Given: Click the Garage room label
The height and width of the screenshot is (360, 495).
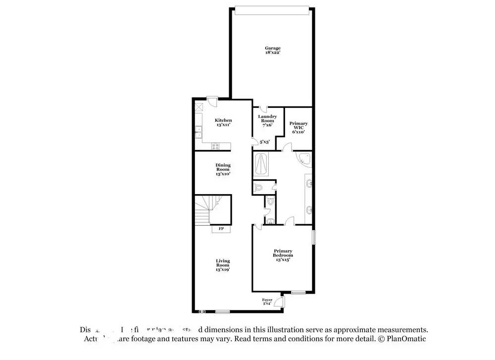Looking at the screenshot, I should click(x=272, y=50).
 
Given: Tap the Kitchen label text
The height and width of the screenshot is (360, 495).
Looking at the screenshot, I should click(x=223, y=123).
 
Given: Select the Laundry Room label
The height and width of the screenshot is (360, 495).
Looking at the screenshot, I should click(x=267, y=121).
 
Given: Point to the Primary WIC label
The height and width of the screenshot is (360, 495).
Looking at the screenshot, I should click(x=298, y=128).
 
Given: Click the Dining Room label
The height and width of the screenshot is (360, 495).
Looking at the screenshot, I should click(x=223, y=169).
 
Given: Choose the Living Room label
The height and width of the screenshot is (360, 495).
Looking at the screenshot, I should click(x=223, y=265).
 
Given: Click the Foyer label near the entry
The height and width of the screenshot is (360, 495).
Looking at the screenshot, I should click(x=267, y=302).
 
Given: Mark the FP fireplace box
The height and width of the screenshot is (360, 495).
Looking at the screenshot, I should click(x=221, y=229).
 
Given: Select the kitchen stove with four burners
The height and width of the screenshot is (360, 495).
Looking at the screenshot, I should click(x=215, y=146).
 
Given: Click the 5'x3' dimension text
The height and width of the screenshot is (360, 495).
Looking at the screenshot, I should click(x=264, y=142).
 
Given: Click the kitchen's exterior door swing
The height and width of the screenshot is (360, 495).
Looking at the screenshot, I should click(x=212, y=101).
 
